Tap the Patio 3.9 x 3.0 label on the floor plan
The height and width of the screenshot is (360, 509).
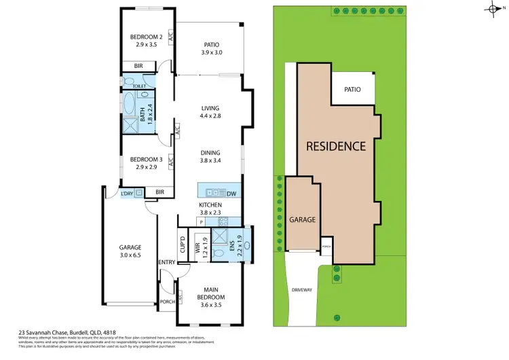(212, 49)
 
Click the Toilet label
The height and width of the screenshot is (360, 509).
(140, 86)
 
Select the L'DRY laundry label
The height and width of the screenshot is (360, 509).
(127, 194)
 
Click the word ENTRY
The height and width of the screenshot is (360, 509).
(167, 262)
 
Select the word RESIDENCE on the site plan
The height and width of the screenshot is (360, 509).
(335, 145)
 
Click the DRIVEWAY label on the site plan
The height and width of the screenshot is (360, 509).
(303, 290)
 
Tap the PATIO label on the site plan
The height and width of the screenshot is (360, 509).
(352, 90)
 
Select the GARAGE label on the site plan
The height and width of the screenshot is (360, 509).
(303, 220)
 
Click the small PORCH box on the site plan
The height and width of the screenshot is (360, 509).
(326, 247)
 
